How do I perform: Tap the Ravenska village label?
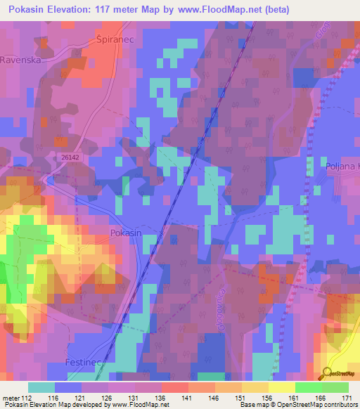22,60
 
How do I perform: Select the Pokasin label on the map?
127,233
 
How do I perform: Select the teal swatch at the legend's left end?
41,387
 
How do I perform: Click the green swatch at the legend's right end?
335,387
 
